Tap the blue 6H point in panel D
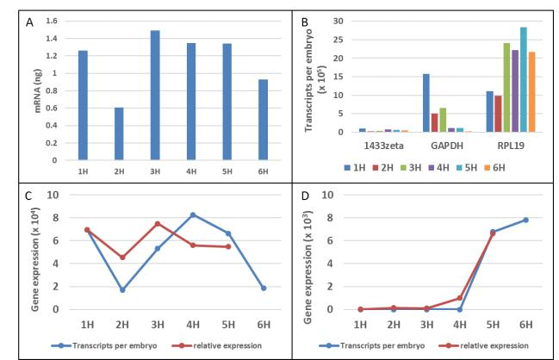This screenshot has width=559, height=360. [x=525, y=220]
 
